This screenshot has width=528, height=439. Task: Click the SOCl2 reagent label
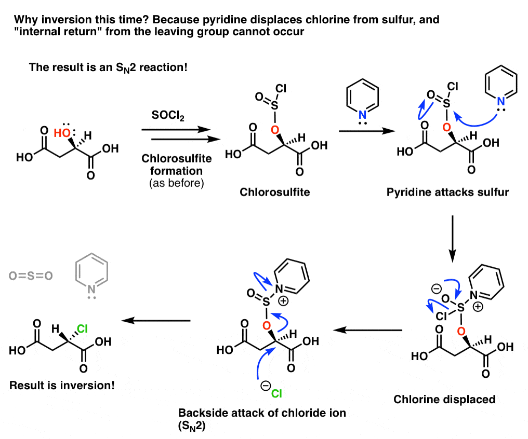pos(168,116)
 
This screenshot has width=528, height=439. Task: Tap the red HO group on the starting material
pos(62,133)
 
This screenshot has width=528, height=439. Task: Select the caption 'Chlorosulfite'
pos(275,192)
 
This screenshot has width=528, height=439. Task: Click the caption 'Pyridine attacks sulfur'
pos(447,192)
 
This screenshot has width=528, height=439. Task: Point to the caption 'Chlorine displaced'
pos(444,400)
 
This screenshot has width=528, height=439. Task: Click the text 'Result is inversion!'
pos(62,385)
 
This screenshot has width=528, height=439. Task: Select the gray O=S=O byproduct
pos(31,276)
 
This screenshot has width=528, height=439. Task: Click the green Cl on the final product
pos(82,328)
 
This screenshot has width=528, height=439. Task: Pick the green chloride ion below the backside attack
pos(276,393)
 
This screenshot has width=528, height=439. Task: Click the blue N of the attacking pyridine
pos(501,101)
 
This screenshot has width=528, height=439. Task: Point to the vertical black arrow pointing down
pos(453,239)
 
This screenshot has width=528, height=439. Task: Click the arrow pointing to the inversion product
pos(156,321)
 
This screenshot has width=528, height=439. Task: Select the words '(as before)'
pos(177,183)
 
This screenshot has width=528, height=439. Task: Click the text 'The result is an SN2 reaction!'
pos(108,67)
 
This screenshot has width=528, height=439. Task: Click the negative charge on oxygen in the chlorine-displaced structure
pos(437,289)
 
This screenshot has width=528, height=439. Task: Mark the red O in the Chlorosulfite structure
pos(275,130)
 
